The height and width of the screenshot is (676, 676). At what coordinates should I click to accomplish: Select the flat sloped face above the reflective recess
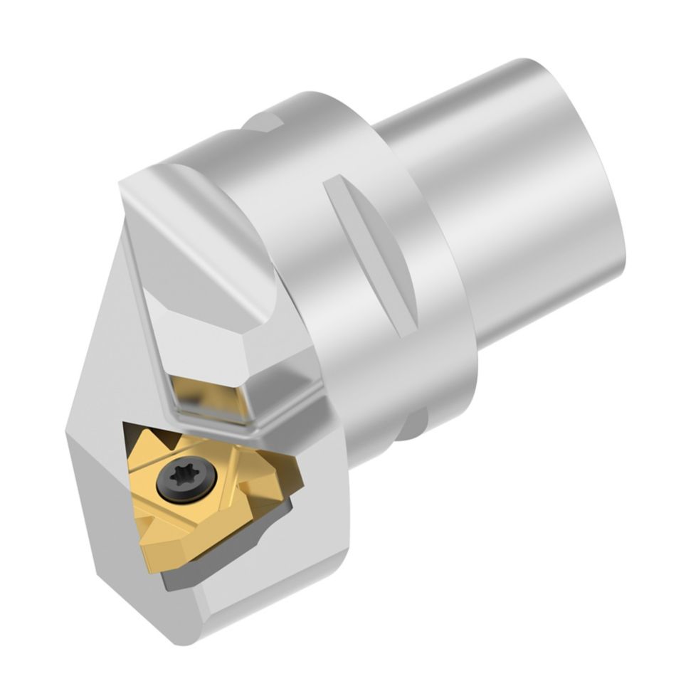206,334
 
